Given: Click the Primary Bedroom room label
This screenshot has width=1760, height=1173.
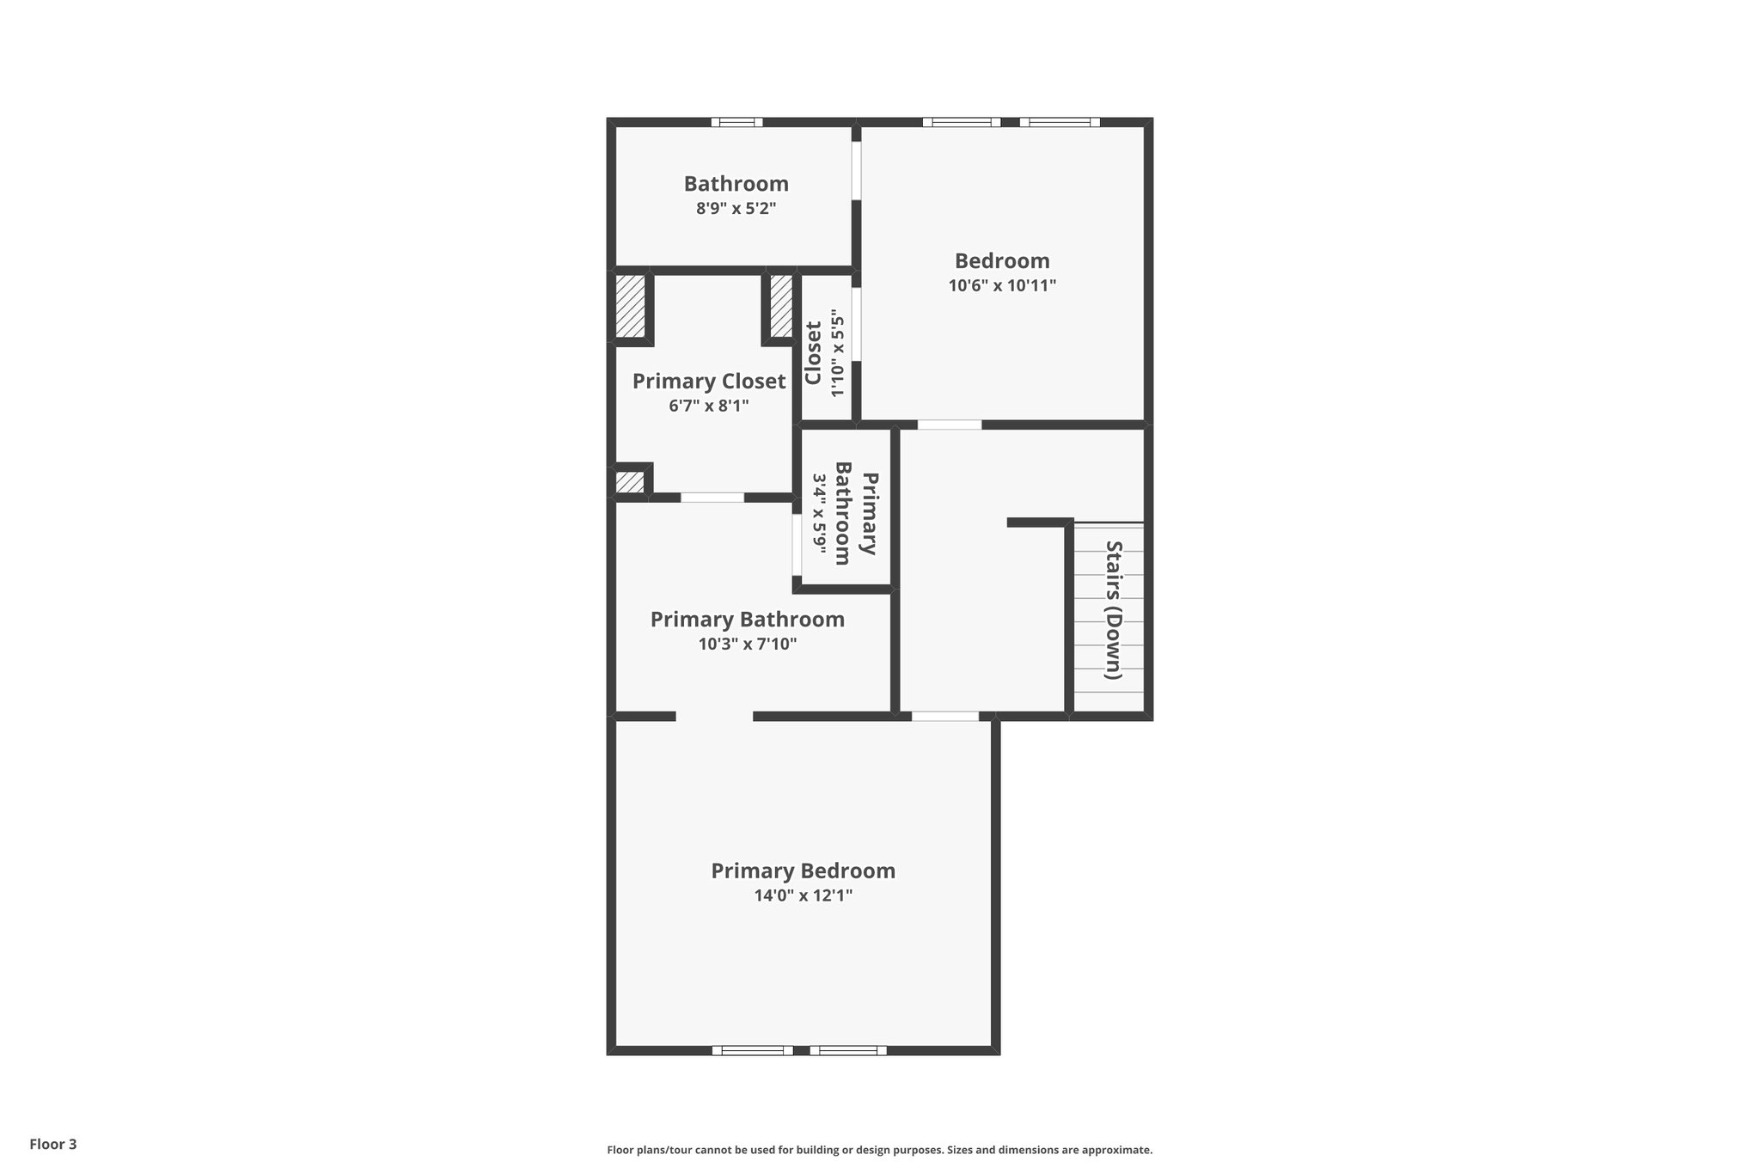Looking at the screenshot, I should (x=803, y=871).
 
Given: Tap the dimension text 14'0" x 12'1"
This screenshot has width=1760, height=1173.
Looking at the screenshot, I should (x=803, y=895).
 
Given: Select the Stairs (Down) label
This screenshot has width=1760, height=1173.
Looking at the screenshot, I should (x=1113, y=609).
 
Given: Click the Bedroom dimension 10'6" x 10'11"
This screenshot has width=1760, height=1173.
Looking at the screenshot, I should (x=1002, y=285).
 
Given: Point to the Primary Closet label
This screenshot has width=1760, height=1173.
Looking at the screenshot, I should (x=709, y=381).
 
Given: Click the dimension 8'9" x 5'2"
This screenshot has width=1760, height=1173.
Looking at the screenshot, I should (x=736, y=208).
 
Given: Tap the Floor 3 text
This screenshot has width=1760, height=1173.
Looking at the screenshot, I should (x=53, y=1144).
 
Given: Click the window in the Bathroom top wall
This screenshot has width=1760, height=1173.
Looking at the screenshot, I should (x=736, y=122).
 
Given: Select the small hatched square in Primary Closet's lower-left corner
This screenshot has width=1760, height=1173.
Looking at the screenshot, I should (x=630, y=482).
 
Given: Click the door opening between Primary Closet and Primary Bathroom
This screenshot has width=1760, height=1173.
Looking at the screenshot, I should (x=712, y=498).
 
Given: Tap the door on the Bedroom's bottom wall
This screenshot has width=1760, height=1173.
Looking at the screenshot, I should (x=949, y=425).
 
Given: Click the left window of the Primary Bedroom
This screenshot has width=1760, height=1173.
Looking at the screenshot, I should (x=753, y=1050).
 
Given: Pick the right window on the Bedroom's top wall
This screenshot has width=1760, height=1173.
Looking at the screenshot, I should (x=1060, y=122).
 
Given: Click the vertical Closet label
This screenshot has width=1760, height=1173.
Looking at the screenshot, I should (x=813, y=353).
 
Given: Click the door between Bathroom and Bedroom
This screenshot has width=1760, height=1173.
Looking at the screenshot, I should (x=856, y=170).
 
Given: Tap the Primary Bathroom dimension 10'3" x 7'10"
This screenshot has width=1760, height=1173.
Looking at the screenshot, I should (x=747, y=644).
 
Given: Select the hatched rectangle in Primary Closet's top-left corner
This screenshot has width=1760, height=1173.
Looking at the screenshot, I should (x=631, y=306).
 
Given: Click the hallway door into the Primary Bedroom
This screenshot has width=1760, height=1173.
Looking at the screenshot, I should (x=944, y=716).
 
